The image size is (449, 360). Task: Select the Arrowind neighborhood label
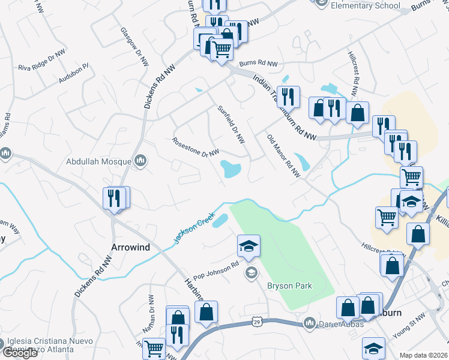[130, 247]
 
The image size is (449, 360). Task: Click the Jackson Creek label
[194, 227]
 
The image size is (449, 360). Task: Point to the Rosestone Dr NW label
[195, 148]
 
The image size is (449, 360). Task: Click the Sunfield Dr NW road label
[231, 124]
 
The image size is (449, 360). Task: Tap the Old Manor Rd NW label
[283, 155]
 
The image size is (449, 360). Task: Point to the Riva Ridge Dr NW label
[41, 61]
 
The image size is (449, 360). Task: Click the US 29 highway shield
[256, 322]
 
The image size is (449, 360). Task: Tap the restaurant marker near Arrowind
[113, 198]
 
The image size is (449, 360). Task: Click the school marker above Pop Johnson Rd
[249, 246]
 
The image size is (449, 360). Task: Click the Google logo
[20, 353]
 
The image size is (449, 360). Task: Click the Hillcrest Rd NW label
[354, 73]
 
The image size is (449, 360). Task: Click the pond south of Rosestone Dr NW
[231, 169]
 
